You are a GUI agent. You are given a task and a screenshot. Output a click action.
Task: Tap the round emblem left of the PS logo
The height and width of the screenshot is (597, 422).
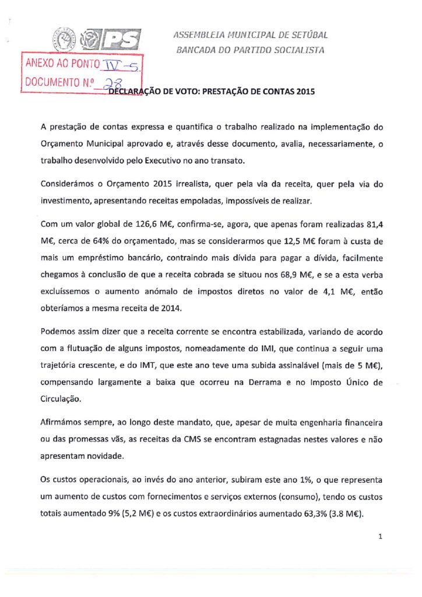65,41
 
